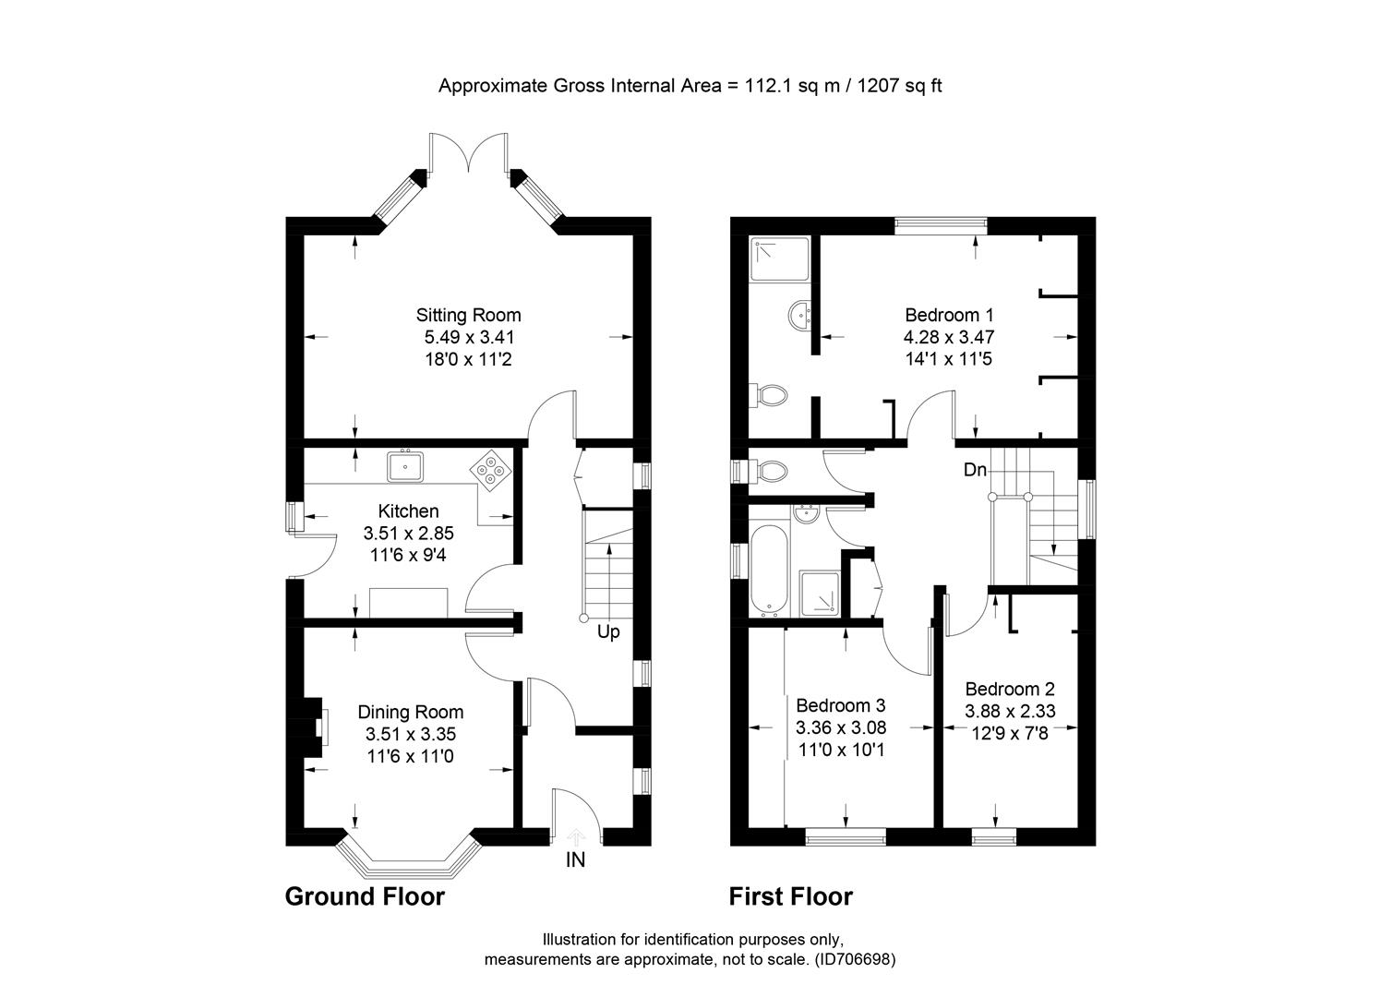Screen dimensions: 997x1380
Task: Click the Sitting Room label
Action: pos(468,315)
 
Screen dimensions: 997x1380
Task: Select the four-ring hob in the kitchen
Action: pos(492,469)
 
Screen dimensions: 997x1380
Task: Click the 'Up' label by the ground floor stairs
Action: pos(608,632)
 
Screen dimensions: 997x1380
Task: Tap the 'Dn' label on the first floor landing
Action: pos(975,470)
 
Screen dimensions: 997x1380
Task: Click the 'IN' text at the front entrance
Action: pos(575,860)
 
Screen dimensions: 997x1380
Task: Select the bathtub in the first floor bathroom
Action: pos(769,569)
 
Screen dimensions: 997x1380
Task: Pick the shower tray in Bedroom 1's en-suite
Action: pos(780,258)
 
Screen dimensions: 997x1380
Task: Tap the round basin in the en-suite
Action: pos(799,316)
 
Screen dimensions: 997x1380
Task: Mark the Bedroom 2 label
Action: pos(1010,689)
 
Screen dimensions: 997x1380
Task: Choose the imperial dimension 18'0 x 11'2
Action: pos(468,359)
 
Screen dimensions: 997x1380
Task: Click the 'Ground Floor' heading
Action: pos(365,896)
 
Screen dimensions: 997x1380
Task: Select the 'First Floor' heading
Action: pos(791,896)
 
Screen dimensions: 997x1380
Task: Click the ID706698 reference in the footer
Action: pos(855,959)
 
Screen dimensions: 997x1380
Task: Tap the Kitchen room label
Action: pos(408,511)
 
